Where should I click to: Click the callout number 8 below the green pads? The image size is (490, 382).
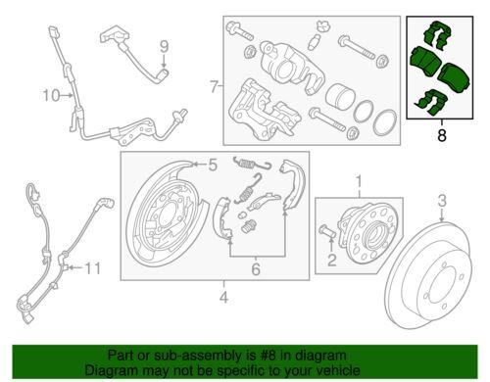pos(442,135)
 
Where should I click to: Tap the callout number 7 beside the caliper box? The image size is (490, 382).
pos(214,86)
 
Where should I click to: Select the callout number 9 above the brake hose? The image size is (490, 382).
pos(165,47)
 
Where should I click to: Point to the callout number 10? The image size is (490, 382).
pos(52,96)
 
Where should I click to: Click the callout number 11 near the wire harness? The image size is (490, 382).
pos(93,268)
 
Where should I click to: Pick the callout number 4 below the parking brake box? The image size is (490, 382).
pos(223,297)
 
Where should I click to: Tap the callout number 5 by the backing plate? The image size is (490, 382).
pos(213,166)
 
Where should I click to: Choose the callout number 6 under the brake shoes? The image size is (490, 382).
pos(256,269)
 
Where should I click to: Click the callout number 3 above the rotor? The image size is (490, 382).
pos(442,201)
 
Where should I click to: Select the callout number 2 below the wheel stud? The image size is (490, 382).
pos(332,261)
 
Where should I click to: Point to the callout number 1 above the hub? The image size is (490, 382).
pos(359,181)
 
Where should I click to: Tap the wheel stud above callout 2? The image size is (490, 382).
pos(326,231)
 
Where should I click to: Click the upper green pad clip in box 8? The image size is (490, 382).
pos(438,35)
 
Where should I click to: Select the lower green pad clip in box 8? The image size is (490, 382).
pos(430,102)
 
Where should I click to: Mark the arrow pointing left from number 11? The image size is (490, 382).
pos(75,268)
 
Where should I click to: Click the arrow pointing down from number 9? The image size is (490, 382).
pos(165,61)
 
